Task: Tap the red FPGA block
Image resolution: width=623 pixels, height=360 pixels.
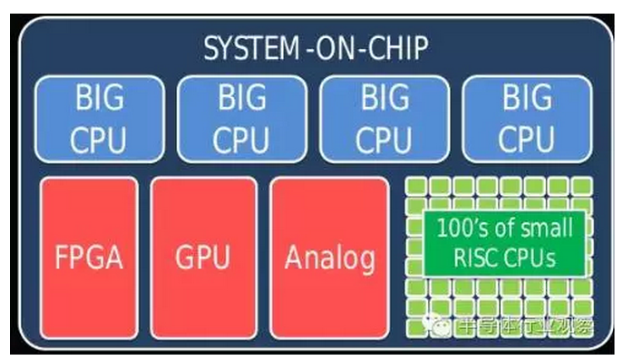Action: point(88,258)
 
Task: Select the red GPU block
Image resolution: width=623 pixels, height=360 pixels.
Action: point(203,258)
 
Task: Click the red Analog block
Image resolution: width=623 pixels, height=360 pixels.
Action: point(329,258)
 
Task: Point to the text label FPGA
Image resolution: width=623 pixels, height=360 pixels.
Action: point(88,259)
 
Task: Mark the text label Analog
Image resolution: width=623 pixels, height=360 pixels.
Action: point(329,259)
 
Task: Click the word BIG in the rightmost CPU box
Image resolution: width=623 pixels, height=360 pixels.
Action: point(528,97)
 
